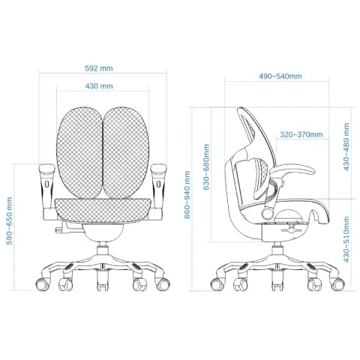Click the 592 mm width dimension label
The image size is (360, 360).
pos(99,68)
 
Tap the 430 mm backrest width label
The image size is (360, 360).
pos(99,86)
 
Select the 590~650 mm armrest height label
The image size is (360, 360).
pos(9,220)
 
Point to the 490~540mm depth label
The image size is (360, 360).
pos(280,76)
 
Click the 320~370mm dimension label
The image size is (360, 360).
pos(301,134)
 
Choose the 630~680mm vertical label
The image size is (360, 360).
pos(206,167)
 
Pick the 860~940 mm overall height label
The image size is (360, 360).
pos(187,195)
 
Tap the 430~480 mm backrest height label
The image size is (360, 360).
pos(346,147)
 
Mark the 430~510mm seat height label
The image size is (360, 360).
pos(346,239)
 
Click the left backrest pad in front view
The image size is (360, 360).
pos(79,153)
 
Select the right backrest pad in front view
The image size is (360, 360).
pos(126,153)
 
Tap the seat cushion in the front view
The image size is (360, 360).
pos(103,211)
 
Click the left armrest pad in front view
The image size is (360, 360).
pos(46,168)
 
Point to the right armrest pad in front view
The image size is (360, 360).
pos(159,168)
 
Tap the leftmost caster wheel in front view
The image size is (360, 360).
pos(43,284)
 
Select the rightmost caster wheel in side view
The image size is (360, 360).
pos(337,284)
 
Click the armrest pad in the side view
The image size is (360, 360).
pos(292,170)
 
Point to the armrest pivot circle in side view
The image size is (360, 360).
pos(268,213)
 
